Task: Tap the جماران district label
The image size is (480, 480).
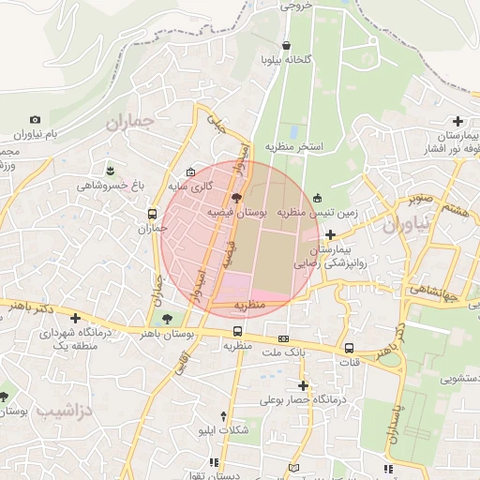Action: [128, 122]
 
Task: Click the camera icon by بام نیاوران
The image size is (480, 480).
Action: [36, 120]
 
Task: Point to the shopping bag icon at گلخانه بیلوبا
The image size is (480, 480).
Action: [285, 45]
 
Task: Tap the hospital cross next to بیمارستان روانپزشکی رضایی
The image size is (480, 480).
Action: [329, 234]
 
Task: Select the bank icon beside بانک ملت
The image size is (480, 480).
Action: [283, 337]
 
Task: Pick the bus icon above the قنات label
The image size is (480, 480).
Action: [350, 347]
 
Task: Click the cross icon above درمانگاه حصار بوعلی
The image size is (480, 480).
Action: [303, 384]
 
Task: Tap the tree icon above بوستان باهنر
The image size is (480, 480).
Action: [167, 319]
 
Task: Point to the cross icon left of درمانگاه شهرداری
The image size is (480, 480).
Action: [75, 318]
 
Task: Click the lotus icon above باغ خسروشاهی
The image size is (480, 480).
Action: [112, 170]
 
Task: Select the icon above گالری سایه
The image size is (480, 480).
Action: [191, 172]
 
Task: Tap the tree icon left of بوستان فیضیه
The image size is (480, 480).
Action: [235, 198]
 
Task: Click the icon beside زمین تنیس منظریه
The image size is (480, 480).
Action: [317, 198]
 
